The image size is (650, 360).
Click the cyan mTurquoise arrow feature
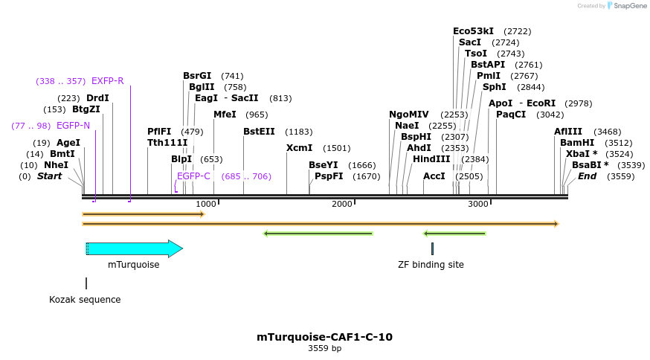(134, 248)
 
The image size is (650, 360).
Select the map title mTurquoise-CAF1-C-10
(324, 337)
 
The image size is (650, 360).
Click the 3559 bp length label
(324, 348)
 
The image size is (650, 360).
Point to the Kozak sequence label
(85, 300)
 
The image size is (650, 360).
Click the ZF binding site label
(431, 264)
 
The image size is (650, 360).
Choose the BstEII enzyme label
(259, 132)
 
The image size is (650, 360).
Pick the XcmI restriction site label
(299, 148)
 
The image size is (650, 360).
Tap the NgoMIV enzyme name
(408, 115)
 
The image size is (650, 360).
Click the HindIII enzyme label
(431, 159)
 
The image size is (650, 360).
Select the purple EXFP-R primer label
(107, 81)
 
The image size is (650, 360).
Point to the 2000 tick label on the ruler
(342, 204)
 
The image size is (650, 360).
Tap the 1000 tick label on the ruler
(206, 204)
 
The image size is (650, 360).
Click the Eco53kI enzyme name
(473, 31)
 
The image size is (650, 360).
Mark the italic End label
(587, 176)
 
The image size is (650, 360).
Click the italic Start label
(49, 176)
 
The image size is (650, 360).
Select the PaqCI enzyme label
(511, 115)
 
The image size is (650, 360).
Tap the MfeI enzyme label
(225, 115)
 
